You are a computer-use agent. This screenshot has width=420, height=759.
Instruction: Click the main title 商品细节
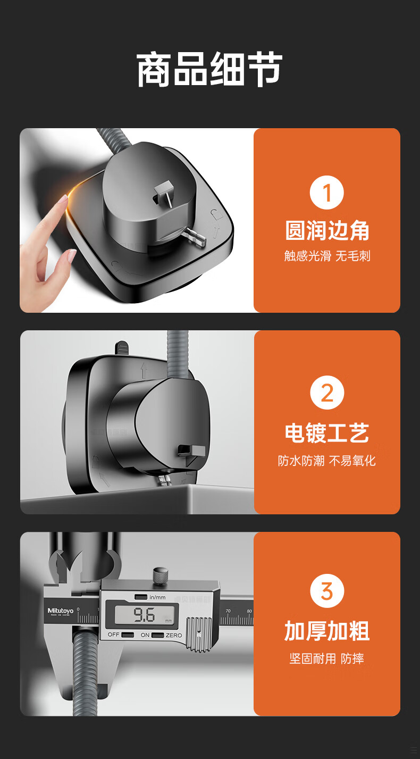click(x=209, y=70)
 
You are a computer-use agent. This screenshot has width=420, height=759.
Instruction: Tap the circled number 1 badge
click(x=327, y=193)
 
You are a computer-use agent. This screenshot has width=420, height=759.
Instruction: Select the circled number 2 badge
click(x=327, y=393)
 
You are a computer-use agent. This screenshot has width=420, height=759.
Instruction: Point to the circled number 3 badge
click(x=327, y=591)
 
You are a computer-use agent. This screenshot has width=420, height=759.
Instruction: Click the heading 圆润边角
click(x=327, y=230)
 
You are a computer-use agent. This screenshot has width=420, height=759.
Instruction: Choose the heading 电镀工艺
click(x=327, y=433)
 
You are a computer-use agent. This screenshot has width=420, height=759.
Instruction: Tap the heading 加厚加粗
click(x=327, y=631)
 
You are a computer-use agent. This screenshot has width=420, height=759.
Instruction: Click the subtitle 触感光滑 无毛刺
click(x=327, y=256)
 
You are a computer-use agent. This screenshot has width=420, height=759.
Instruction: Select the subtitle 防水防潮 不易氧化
click(x=327, y=461)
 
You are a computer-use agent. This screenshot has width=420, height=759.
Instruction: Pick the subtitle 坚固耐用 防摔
click(x=327, y=658)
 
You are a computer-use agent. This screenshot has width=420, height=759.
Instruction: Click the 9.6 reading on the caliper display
click(x=144, y=615)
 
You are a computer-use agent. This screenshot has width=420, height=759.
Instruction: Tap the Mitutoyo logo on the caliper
click(x=60, y=611)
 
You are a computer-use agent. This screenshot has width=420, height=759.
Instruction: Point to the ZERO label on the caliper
click(x=174, y=635)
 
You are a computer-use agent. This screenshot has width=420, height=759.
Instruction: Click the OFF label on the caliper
click(x=113, y=635)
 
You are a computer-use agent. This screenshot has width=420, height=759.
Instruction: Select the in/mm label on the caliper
click(x=157, y=597)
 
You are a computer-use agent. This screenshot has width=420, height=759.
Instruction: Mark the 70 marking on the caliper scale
click(x=228, y=611)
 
